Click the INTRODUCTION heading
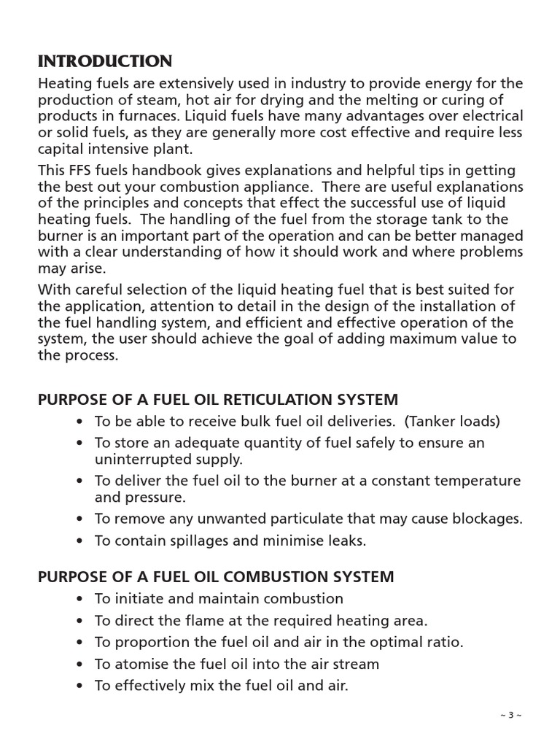point(105,61)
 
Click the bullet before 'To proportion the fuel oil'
point(79,643)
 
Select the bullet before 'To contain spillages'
point(79,541)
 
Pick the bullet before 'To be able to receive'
point(79,422)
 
